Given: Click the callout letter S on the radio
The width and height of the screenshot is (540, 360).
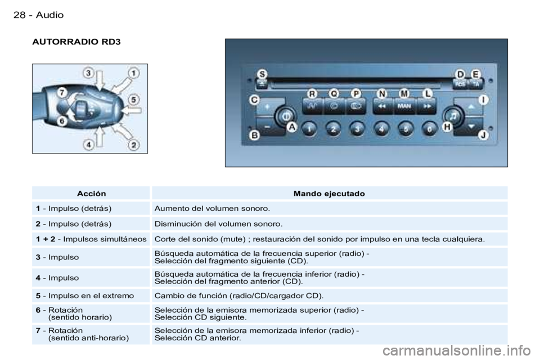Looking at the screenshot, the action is (x=263, y=74).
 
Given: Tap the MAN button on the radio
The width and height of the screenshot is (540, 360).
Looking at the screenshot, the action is (x=404, y=106).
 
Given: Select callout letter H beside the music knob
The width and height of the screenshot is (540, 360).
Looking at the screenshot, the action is (x=447, y=127).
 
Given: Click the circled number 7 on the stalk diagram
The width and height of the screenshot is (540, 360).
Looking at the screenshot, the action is (x=62, y=93).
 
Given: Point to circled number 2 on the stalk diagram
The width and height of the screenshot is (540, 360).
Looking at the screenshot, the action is (x=134, y=145).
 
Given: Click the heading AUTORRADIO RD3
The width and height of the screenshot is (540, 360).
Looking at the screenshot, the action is (x=76, y=42).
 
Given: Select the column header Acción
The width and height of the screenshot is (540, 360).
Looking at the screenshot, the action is (x=91, y=193).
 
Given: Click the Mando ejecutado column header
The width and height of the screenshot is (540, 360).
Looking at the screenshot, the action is (x=329, y=193).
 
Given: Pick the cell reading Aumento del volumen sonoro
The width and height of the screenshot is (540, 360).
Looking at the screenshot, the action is (x=212, y=209).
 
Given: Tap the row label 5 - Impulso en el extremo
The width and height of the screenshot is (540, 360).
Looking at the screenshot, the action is (x=85, y=295).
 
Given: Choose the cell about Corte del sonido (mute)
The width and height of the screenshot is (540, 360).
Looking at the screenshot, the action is (x=319, y=239).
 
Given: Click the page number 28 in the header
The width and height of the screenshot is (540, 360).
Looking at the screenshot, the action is (x=19, y=15).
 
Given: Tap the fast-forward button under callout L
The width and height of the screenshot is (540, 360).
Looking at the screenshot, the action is (x=427, y=106).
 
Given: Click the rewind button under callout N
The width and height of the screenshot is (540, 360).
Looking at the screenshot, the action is (x=382, y=106).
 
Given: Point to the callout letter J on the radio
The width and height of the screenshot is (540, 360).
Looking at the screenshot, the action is (x=484, y=135).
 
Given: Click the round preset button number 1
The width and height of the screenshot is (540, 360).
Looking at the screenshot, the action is (x=309, y=129).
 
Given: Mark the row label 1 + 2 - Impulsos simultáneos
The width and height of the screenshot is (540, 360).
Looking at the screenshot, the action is (x=91, y=239).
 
